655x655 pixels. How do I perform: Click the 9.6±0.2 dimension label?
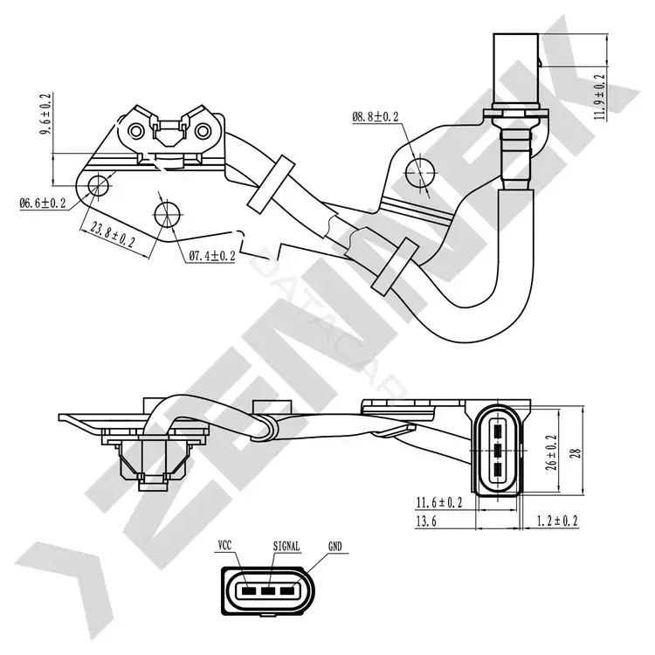click(45, 114)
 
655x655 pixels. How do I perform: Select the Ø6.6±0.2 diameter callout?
click(43, 203)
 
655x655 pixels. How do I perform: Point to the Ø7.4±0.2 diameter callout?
click(212, 256)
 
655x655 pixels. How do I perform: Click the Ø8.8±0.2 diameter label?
click(376, 116)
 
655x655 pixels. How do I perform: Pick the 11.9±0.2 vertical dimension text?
click(599, 97)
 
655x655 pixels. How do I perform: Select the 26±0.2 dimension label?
click(551, 452)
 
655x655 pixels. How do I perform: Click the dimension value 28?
click(576, 453)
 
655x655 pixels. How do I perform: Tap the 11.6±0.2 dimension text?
click(439, 502)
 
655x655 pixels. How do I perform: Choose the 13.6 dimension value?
click(426, 521)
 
